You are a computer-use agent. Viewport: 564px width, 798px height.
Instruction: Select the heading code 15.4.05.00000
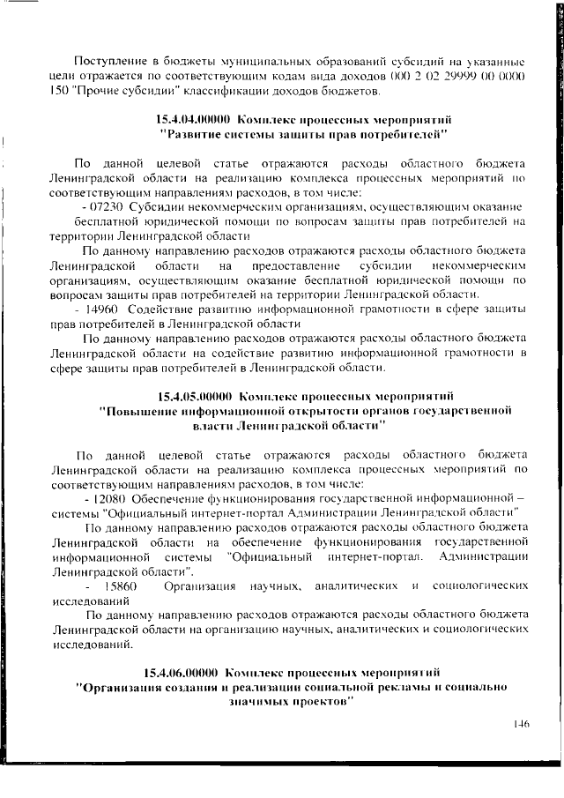coord(195,395)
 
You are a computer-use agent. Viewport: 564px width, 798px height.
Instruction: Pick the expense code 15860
coord(120,585)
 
